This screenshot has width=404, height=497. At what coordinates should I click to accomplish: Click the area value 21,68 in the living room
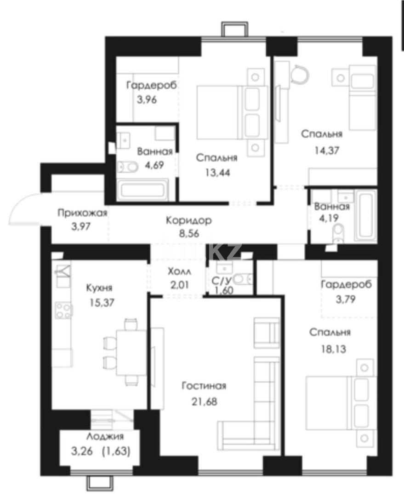(204, 402)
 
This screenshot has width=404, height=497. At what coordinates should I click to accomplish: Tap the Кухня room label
(99, 288)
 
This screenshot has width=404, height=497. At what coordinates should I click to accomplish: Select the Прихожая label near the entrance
(82, 213)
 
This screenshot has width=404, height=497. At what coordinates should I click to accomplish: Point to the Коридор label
(189, 220)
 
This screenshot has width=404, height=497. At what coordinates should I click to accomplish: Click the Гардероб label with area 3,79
(346, 284)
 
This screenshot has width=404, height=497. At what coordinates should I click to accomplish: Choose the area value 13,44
(216, 173)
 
